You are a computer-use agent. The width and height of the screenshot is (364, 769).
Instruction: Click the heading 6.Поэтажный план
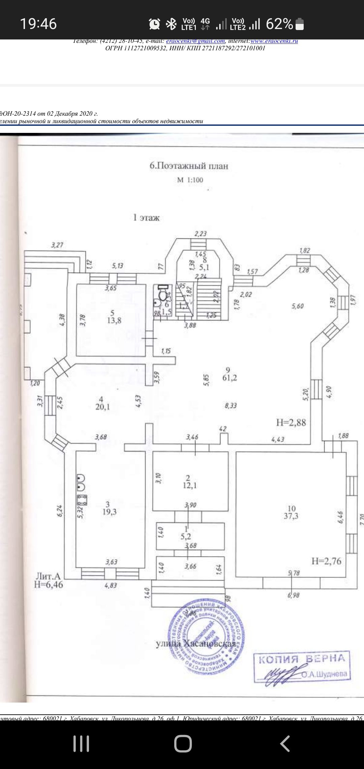189,166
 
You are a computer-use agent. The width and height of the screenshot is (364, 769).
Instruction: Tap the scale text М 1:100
190,180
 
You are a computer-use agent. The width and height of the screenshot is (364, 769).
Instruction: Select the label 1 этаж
146,218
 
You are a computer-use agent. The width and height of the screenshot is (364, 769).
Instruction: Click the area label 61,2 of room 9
230,378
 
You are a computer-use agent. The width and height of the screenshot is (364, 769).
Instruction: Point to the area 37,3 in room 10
291,516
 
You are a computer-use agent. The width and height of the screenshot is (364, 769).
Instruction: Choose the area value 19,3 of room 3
109,512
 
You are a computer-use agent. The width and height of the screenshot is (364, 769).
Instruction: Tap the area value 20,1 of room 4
102,407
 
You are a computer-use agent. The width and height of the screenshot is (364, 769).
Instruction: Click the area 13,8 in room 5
114,320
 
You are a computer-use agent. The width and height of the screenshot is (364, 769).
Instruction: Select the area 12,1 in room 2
190,485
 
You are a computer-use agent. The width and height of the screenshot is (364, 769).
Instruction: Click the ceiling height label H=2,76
326,561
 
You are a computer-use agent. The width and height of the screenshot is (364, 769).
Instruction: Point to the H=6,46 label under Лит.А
48,585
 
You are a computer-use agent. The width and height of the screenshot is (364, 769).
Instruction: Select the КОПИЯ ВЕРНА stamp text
302,659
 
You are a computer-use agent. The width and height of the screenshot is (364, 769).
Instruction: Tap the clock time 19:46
38,24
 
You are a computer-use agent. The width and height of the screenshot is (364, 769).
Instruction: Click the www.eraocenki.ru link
274,41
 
